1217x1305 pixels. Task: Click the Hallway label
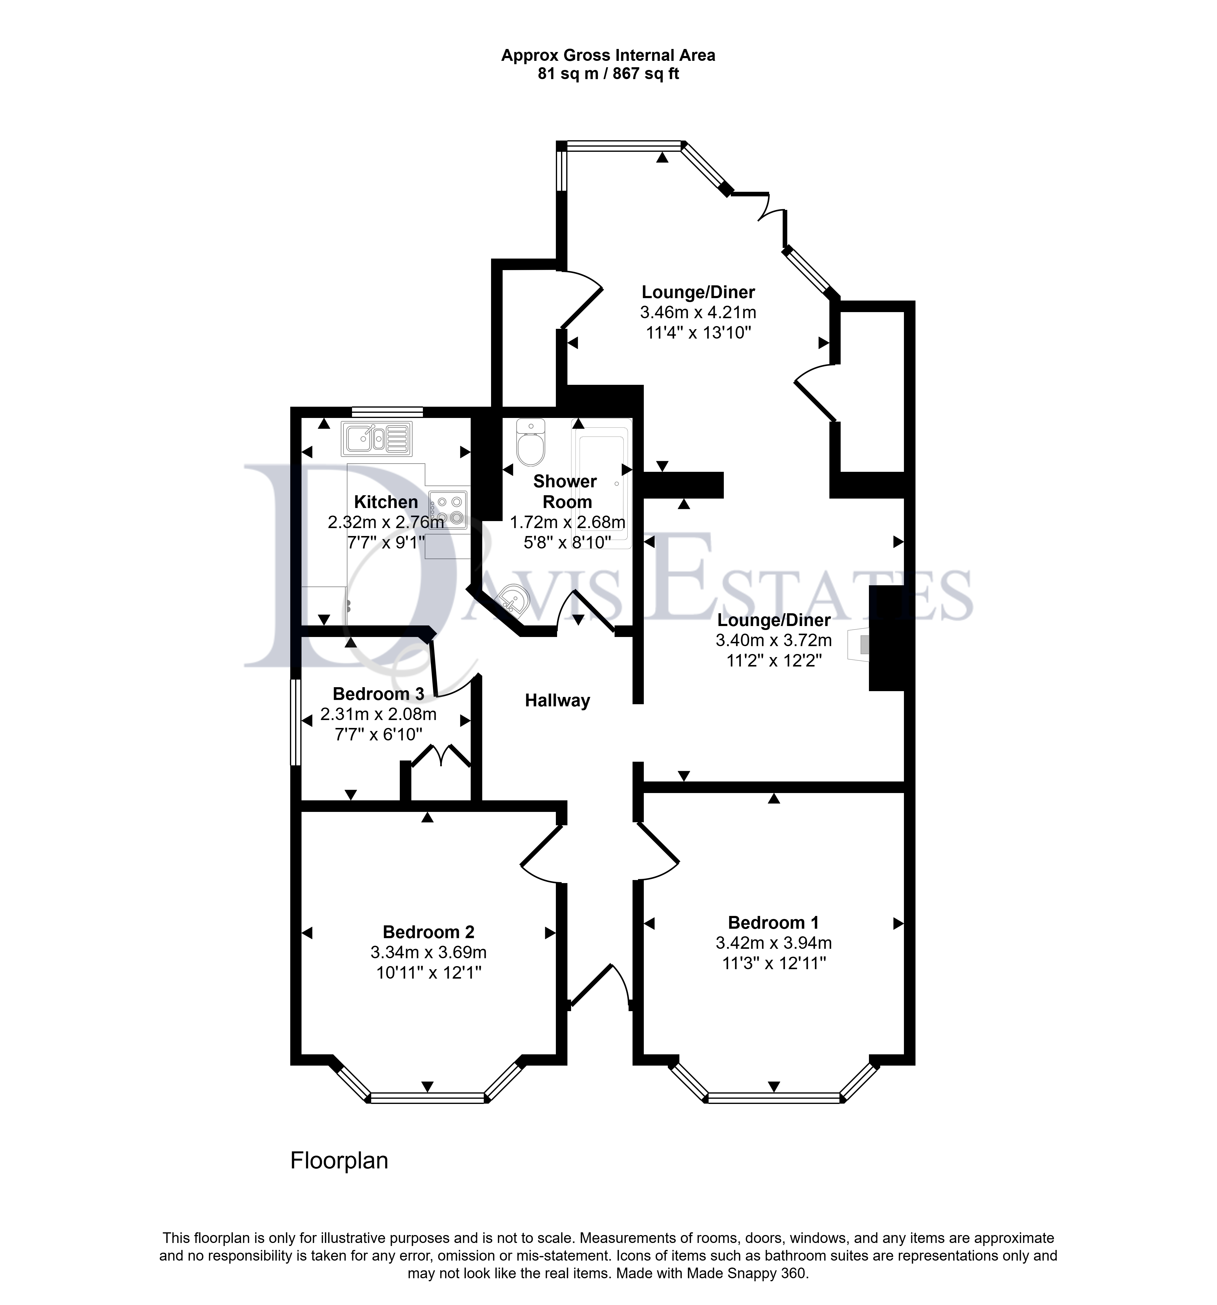pyautogui.click(x=557, y=701)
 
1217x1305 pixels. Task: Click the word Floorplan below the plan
pyautogui.click(x=339, y=1161)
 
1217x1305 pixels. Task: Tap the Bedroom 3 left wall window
pyautogui.click(x=296, y=722)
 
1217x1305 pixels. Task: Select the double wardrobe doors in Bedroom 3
pyautogui.click(x=441, y=755)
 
